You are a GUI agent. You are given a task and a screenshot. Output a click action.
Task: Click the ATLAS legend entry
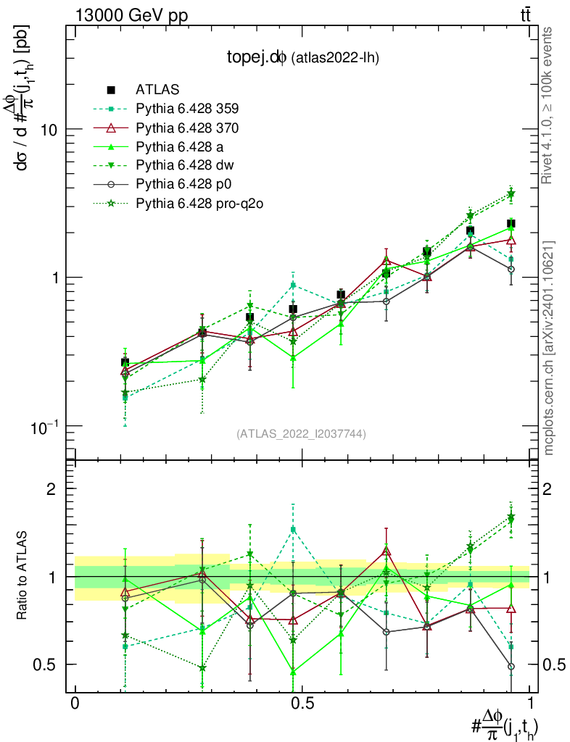coord(156,90)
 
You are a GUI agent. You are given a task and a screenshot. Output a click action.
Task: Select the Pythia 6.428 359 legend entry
coord(187,109)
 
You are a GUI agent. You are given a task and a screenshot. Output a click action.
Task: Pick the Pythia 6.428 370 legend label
coord(187,128)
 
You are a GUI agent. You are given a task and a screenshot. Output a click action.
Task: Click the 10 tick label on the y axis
coord(48,129)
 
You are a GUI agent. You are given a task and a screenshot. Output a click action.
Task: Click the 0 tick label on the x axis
coord(75,704)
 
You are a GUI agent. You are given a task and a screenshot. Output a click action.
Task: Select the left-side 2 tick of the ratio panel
coord(51,488)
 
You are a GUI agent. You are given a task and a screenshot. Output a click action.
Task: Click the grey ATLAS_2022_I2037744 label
coord(301,434)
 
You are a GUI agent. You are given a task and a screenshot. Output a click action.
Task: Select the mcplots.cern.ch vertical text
coord(549,348)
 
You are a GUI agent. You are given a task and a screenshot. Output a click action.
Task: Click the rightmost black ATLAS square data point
coord(511,223)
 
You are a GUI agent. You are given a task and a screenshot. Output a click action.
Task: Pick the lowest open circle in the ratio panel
coord(511,667)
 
